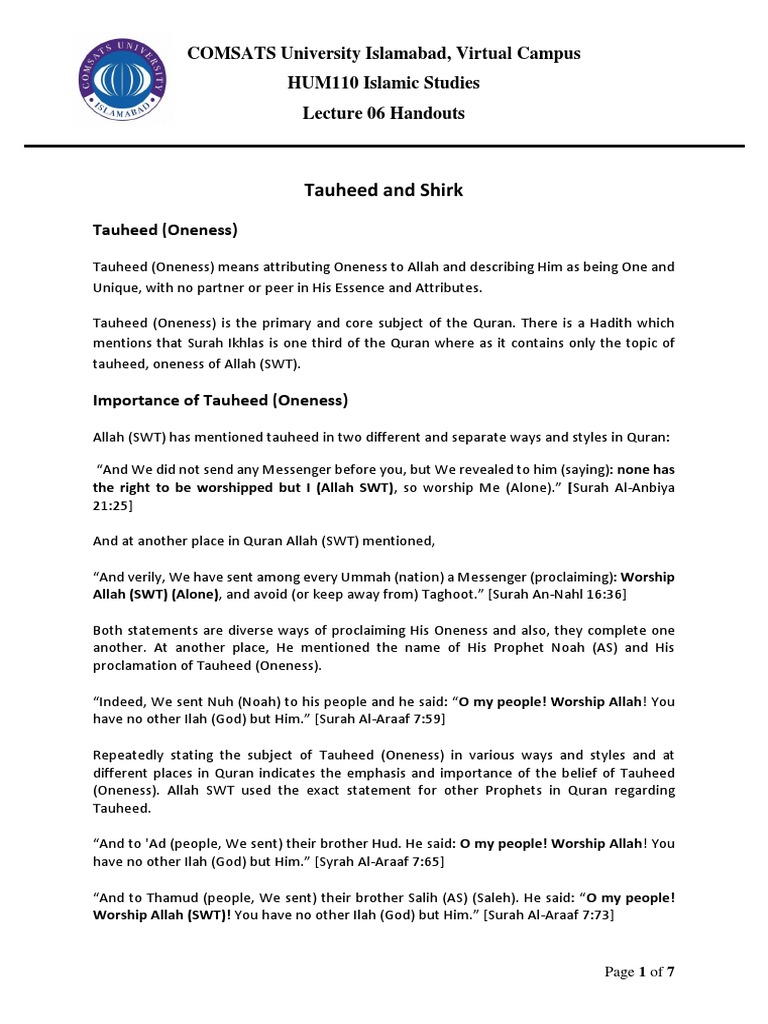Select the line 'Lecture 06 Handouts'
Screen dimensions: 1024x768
tap(384, 113)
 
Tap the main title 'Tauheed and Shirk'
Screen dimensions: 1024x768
tap(384, 190)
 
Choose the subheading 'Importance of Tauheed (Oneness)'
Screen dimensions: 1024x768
tap(220, 401)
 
